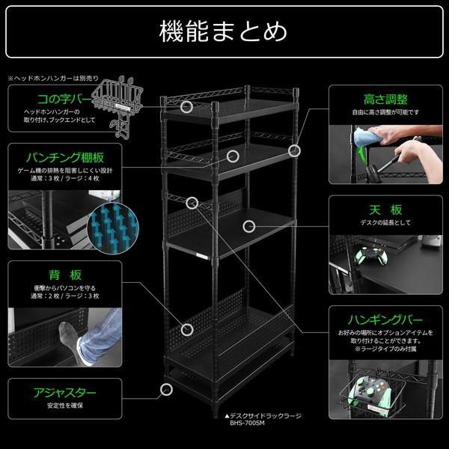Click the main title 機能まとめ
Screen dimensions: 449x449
(224, 32)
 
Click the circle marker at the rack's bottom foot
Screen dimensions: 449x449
(165, 388)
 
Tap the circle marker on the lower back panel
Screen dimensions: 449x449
(186, 328)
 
